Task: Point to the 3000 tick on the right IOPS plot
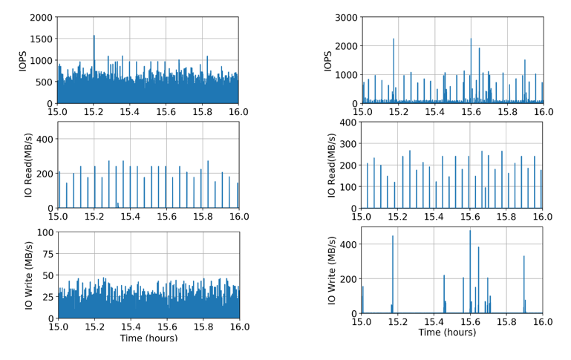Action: [345, 17]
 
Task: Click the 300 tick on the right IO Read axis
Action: [348, 143]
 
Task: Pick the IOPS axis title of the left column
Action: [23, 60]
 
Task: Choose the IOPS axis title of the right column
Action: [328, 60]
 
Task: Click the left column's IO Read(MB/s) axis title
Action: [23, 165]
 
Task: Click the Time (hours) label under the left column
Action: [149, 338]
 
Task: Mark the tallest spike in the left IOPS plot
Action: [94, 36]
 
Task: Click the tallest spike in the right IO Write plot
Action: [449, 231]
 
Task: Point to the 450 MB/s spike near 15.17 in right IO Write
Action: [393, 237]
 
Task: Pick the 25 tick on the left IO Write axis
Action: [46, 296]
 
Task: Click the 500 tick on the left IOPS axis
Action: [44, 82]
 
